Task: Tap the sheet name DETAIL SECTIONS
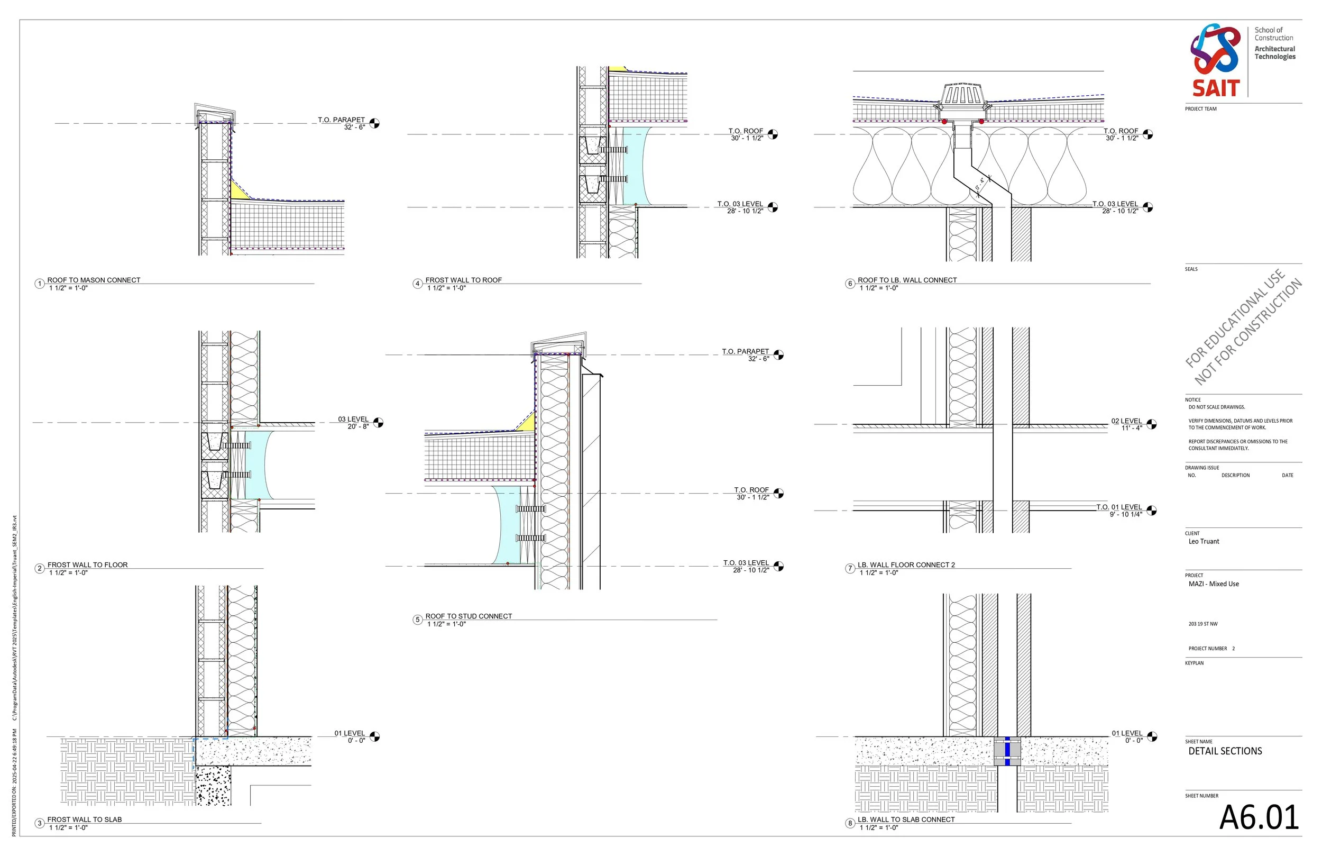click(x=1225, y=751)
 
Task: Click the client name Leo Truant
click(x=1204, y=541)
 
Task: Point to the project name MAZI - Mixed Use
click(x=1214, y=584)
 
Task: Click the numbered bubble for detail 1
click(x=40, y=284)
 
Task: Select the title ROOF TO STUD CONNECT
click(x=469, y=616)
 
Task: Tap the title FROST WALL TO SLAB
click(x=85, y=819)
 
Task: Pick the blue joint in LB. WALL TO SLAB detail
click(x=1007, y=751)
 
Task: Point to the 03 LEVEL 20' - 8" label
click(x=353, y=422)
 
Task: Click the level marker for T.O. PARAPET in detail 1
click(x=375, y=123)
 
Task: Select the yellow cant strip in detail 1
click(x=238, y=190)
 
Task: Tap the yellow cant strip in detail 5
click(x=528, y=422)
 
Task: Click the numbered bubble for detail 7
click(x=850, y=568)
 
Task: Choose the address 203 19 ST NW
click(x=1202, y=624)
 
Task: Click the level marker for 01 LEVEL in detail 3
click(x=375, y=736)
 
